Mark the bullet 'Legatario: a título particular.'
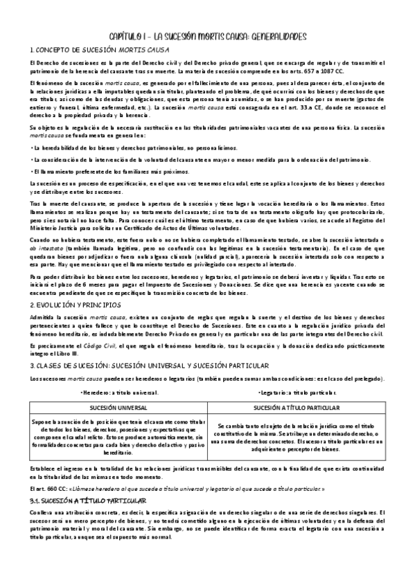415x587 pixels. [303, 392]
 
